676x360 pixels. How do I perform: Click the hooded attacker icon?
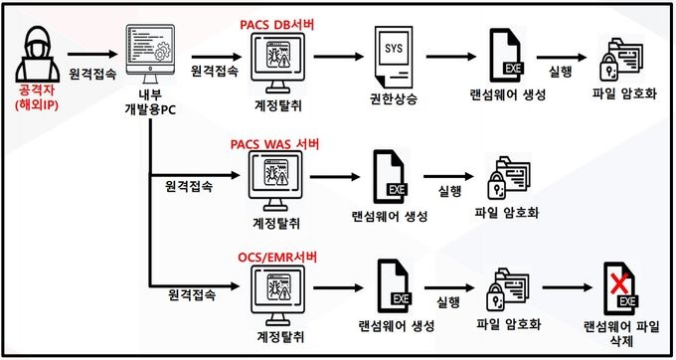point(38,54)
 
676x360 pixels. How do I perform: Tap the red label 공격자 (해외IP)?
point(37,97)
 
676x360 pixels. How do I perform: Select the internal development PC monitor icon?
point(150,54)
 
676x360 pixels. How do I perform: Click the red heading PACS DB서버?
point(277,25)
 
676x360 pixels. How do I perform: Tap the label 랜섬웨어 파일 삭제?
point(621,334)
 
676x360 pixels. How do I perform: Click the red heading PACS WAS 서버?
point(274,144)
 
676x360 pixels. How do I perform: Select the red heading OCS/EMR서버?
point(277,258)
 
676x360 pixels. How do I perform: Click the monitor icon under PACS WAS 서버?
point(276,182)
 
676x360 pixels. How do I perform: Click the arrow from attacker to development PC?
point(92,55)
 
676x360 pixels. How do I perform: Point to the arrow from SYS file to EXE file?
point(450,57)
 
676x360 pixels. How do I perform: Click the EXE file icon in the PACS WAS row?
point(390,177)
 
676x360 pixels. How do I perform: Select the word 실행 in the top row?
point(561,72)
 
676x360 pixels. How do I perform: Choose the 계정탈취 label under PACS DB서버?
point(277,104)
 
